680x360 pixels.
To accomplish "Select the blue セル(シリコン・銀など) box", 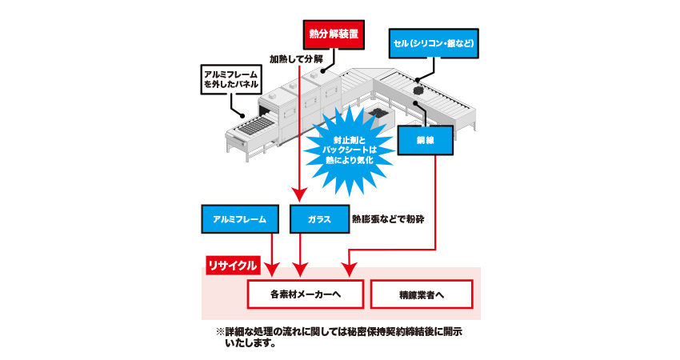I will tap(435, 42).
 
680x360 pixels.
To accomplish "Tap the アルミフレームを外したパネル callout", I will tap(231, 81).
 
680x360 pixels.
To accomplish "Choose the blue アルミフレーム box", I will tap(240, 218).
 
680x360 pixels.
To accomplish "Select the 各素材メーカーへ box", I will tap(306, 294).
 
